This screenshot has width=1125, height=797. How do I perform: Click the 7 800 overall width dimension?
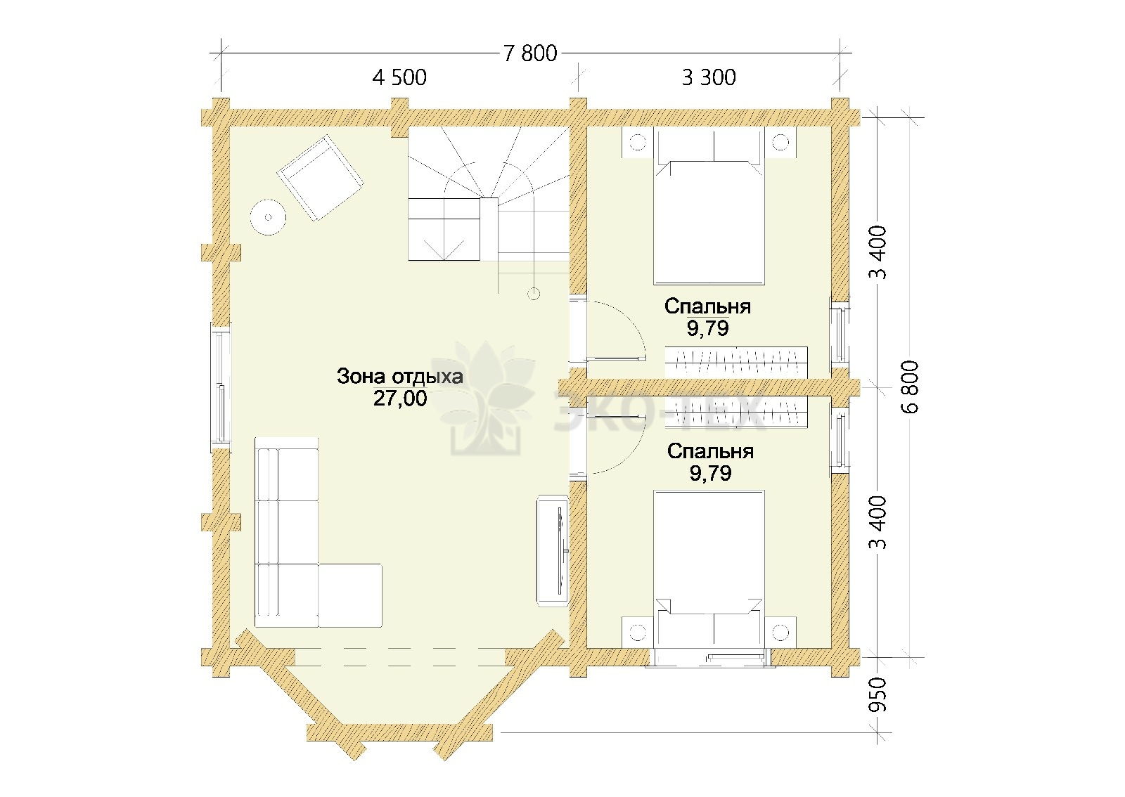pos(530,53)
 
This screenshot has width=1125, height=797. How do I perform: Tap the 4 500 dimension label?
pos(399,77)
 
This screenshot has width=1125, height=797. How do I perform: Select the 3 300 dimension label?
pos(709,77)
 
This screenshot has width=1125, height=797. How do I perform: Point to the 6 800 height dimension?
pos(910,387)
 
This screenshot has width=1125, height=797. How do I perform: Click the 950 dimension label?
pos(878,694)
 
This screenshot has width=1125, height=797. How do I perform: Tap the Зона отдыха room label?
pos(400,377)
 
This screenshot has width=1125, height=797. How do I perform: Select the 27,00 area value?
pos(400,398)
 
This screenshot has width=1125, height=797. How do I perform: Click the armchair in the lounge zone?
pos(321,178)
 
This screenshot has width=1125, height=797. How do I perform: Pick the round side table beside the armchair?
pos(268,217)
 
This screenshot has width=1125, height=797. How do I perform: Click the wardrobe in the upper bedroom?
pos(737,363)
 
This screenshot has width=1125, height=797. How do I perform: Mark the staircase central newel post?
pos(489,228)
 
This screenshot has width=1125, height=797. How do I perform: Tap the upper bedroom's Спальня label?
pos(707,306)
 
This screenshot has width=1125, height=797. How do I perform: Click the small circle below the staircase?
pos(534,294)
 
